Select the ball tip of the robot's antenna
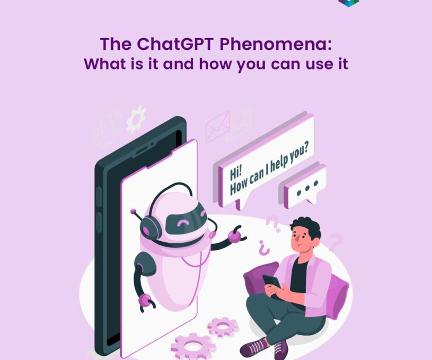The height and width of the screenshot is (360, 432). point(133,211)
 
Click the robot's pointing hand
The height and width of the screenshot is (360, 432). point(235,236)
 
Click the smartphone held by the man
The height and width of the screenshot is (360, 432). point(272,282)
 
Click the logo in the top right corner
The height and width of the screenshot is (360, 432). point(348,3)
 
